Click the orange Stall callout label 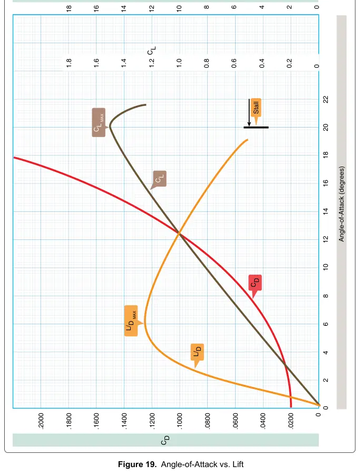(x=256, y=108)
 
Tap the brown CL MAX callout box (x=99, y=122)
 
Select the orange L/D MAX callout (x=131, y=321)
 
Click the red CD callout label (x=255, y=283)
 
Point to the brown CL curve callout (x=159, y=179)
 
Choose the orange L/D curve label (x=197, y=352)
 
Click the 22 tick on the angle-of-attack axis (x=326, y=99)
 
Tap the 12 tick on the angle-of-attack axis (x=326, y=239)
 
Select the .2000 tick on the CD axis (x=41, y=421)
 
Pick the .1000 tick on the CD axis (x=180, y=421)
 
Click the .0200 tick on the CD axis (x=290, y=421)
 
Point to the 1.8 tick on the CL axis (x=69, y=63)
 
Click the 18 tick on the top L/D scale (x=69, y=8)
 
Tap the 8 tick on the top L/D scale (x=207, y=7)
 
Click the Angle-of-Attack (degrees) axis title (x=342, y=203)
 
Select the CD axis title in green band (x=165, y=440)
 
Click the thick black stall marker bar (x=256, y=128)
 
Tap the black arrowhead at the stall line (x=249, y=124)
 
